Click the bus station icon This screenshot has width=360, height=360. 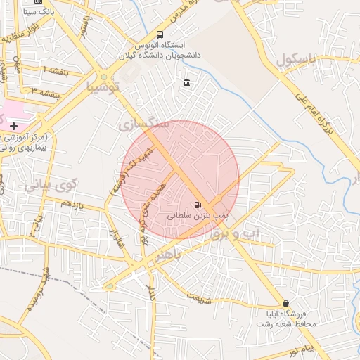[x=160, y=34]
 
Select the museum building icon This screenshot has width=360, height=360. [x=186, y=83]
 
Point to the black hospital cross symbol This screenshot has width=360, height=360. [x=14, y=125]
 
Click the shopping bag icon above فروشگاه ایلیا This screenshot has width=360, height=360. [x=285, y=303]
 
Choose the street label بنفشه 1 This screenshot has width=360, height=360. [x=56, y=71]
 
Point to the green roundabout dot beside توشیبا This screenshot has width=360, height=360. [x=104, y=77]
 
